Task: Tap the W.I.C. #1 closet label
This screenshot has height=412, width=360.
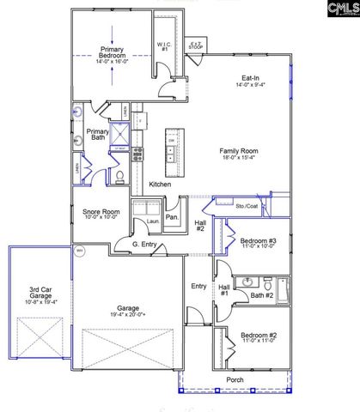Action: tap(163, 47)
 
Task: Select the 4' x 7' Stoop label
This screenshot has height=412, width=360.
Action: tap(196, 43)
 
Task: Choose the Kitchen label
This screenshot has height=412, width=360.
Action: tap(160, 185)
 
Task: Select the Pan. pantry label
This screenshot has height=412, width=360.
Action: tap(172, 218)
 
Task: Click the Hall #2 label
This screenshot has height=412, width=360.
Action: tap(199, 226)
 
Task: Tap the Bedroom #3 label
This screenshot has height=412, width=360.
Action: tap(258, 241)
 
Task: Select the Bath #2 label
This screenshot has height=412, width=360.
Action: tap(262, 296)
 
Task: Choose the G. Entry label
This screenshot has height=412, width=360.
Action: tap(143, 245)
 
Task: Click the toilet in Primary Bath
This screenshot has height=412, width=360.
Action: tap(120, 176)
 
